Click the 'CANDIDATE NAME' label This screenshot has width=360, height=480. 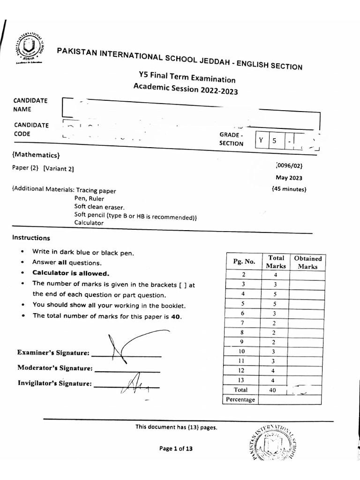tap(30, 105)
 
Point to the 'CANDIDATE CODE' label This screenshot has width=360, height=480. tap(30, 129)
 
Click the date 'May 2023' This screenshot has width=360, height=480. tap(289, 178)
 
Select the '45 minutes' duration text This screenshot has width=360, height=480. tap(289, 189)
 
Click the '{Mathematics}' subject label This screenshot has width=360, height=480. tap(36, 155)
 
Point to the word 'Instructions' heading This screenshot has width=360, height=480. tap(31, 238)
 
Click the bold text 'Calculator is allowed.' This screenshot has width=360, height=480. tap(70, 273)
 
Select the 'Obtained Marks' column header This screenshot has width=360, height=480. tap(307, 262)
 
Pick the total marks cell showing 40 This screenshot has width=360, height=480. tap(273, 390)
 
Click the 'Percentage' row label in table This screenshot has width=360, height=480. tap(240, 399)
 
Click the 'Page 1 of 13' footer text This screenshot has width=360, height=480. tap(176, 449)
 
